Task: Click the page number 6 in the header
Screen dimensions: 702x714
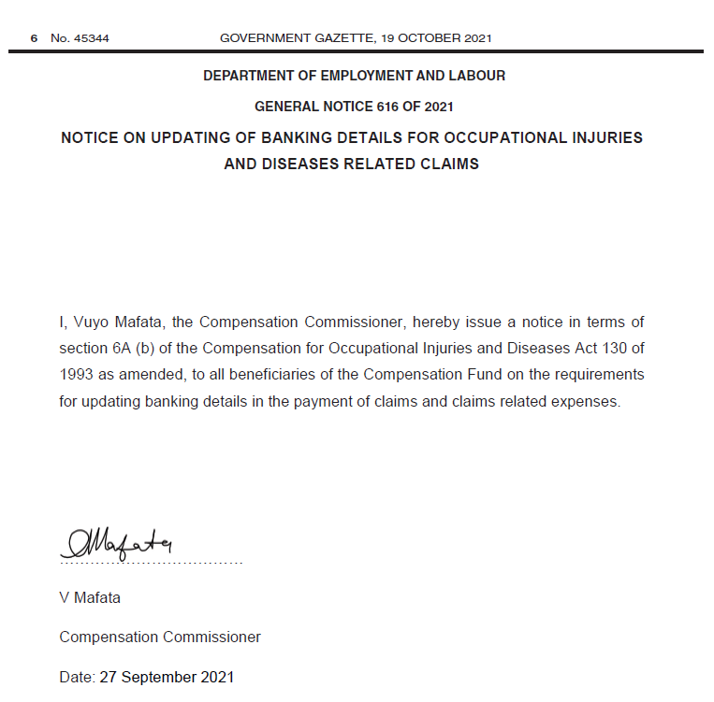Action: (34, 38)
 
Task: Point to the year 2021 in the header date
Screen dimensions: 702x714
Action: (476, 38)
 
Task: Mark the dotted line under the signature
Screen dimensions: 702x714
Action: (151, 564)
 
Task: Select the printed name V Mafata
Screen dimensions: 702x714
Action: (90, 597)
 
